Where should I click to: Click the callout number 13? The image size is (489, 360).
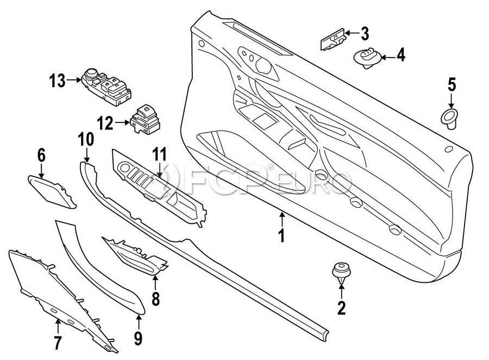pos(57,82)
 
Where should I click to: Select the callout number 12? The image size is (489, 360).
pos(105,124)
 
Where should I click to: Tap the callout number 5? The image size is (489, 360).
pos(452,85)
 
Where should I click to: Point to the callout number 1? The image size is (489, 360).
pos(281,237)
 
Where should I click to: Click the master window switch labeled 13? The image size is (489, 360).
pos(104,84)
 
